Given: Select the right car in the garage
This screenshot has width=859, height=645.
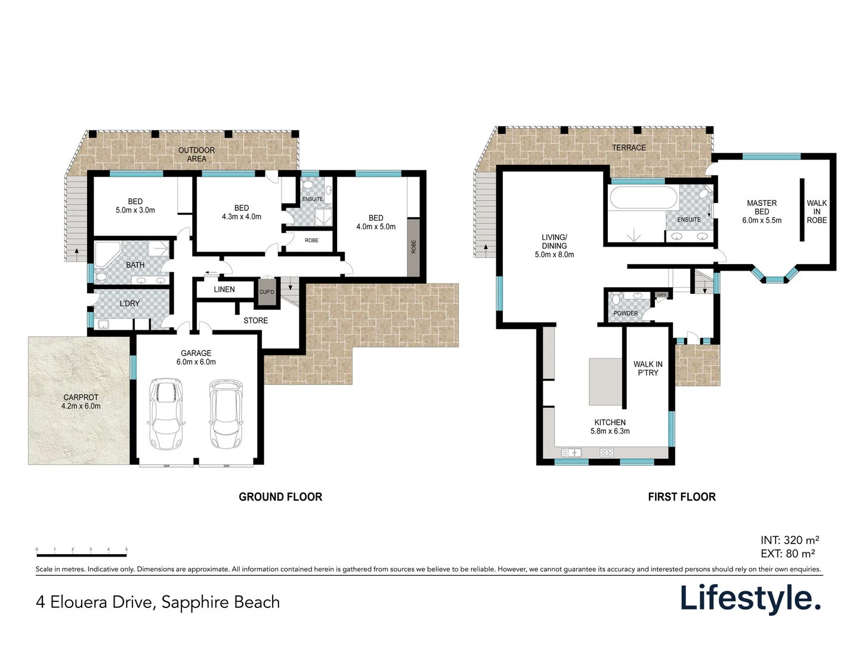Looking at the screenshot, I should point(225,413).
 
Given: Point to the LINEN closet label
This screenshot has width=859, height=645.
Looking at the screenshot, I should point(224,290).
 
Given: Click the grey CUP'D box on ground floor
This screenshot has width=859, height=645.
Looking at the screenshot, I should point(267,292).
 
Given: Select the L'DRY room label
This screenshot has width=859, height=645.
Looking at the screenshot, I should point(129,303).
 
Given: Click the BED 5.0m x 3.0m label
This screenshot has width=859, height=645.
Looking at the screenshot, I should point(135,206).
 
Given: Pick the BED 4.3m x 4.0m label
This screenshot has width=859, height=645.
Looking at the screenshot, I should point(242,213).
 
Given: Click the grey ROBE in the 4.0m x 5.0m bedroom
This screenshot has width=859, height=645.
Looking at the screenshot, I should point(413,247).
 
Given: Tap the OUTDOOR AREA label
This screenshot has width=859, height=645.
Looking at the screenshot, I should point(196,155).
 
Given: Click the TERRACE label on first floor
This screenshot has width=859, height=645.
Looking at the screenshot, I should point(629,148).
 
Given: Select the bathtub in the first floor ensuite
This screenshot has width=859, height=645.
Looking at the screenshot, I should point(643,198).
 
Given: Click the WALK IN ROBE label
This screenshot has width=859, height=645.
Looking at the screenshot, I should point(817,211).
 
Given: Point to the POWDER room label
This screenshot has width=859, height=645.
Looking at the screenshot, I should point(625,313).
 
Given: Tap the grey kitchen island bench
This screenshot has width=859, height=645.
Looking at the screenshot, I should point(605,382).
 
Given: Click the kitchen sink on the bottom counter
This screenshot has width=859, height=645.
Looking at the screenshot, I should point(571,453).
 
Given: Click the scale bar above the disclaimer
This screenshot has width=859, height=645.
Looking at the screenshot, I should point(81,555).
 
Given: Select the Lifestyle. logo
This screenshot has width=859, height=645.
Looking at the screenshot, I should point(750,598).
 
